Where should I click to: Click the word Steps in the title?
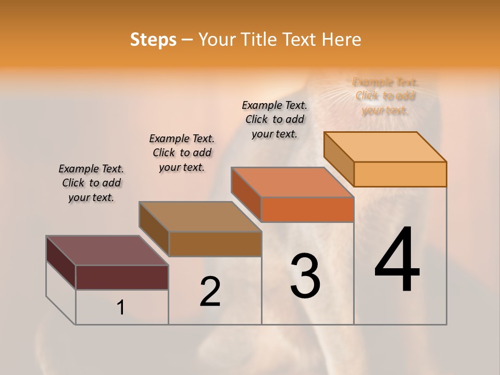[153, 40]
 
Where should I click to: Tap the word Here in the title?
[342, 40]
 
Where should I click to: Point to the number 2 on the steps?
[210, 291]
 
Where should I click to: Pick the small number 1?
[121, 307]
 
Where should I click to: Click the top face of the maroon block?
[107, 251]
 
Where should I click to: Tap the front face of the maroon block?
[122, 277]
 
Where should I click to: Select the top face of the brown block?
[200, 217]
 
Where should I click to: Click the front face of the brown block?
[215, 244]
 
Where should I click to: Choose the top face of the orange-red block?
[292, 182]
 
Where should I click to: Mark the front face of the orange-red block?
[307, 209]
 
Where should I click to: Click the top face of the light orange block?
[385, 147]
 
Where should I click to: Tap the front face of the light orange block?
[400, 174]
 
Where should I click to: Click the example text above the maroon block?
[91, 183]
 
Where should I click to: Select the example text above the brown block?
[182, 153]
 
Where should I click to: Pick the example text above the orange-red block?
[274, 119]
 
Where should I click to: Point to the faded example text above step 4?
[385, 96]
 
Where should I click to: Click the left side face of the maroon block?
[61, 262]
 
